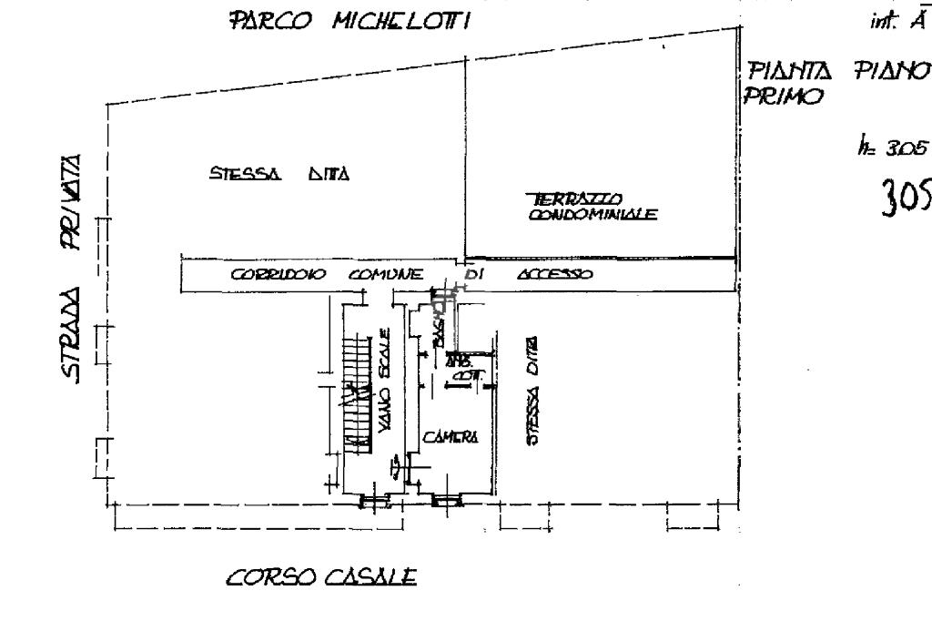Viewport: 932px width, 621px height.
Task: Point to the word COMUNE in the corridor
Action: click(x=385, y=273)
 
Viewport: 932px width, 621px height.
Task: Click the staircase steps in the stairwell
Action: click(x=357, y=392)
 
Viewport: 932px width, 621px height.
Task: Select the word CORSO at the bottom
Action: click(x=265, y=576)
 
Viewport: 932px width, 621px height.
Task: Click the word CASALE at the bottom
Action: click(x=373, y=576)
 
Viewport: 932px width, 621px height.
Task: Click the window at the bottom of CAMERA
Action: click(x=447, y=499)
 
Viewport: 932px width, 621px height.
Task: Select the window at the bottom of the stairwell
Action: click(x=374, y=499)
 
